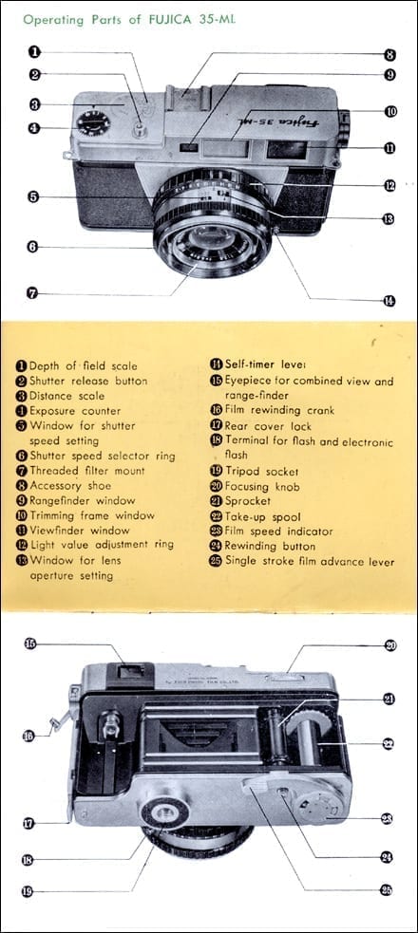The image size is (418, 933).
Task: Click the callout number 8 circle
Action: [x=389, y=55]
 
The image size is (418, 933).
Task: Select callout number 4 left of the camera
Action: [x=34, y=127]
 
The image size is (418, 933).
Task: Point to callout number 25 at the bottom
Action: [x=387, y=890]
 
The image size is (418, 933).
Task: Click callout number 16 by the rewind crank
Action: [x=28, y=736]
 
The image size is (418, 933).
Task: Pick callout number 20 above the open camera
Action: [x=390, y=645]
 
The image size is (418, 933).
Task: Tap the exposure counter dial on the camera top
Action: [x=93, y=123]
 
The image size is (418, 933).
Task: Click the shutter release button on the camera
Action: [x=140, y=128]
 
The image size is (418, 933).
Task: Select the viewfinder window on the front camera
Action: [x=287, y=148]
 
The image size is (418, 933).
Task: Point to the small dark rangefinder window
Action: [x=190, y=146]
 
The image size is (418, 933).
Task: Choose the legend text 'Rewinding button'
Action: [x=270, y=547]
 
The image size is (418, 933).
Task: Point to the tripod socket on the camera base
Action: [x=164, y=812]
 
